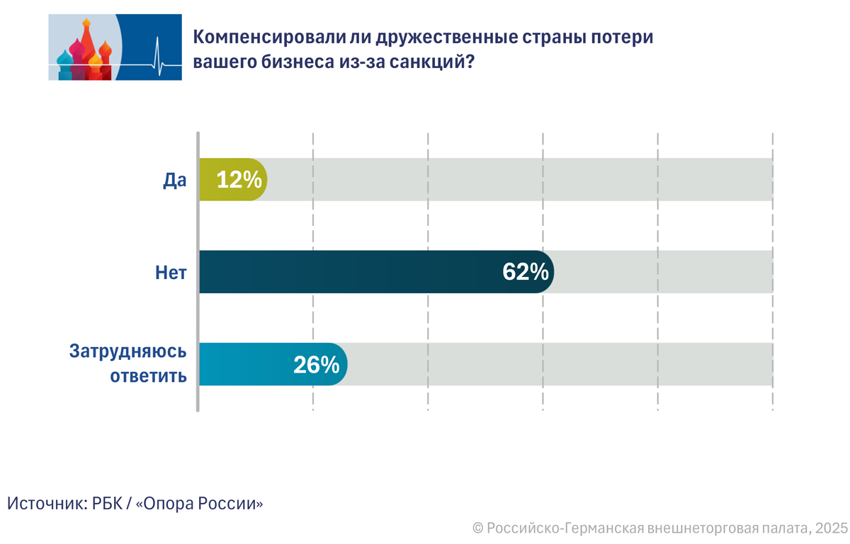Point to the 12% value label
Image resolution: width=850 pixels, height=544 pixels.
(x=239, y=180)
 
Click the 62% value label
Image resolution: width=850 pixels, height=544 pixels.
(x=526, y=272)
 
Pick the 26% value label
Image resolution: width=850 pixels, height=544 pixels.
(x=317, y=364)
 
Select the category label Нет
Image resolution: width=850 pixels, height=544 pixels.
(x=171, y=272)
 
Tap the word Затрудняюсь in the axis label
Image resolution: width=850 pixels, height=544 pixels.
(x=127, y=352)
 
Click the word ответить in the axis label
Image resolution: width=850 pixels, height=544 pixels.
(x=148, y=375)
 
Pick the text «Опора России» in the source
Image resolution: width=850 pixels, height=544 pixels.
(x=199, y=504)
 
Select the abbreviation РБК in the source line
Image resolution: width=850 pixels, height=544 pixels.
(x=108, y=504)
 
